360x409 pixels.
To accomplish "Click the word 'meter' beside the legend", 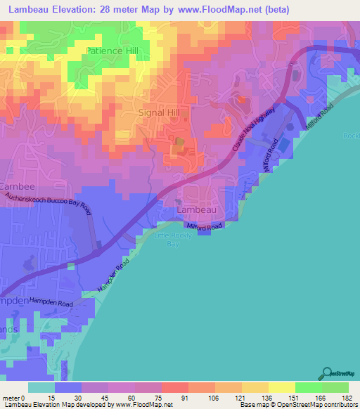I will pyautogui.click(x=11, y=398).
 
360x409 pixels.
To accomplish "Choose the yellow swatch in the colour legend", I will pyautogui.click(x=282, y=387).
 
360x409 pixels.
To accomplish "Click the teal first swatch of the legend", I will pyautogui.click(x=41, y=387).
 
